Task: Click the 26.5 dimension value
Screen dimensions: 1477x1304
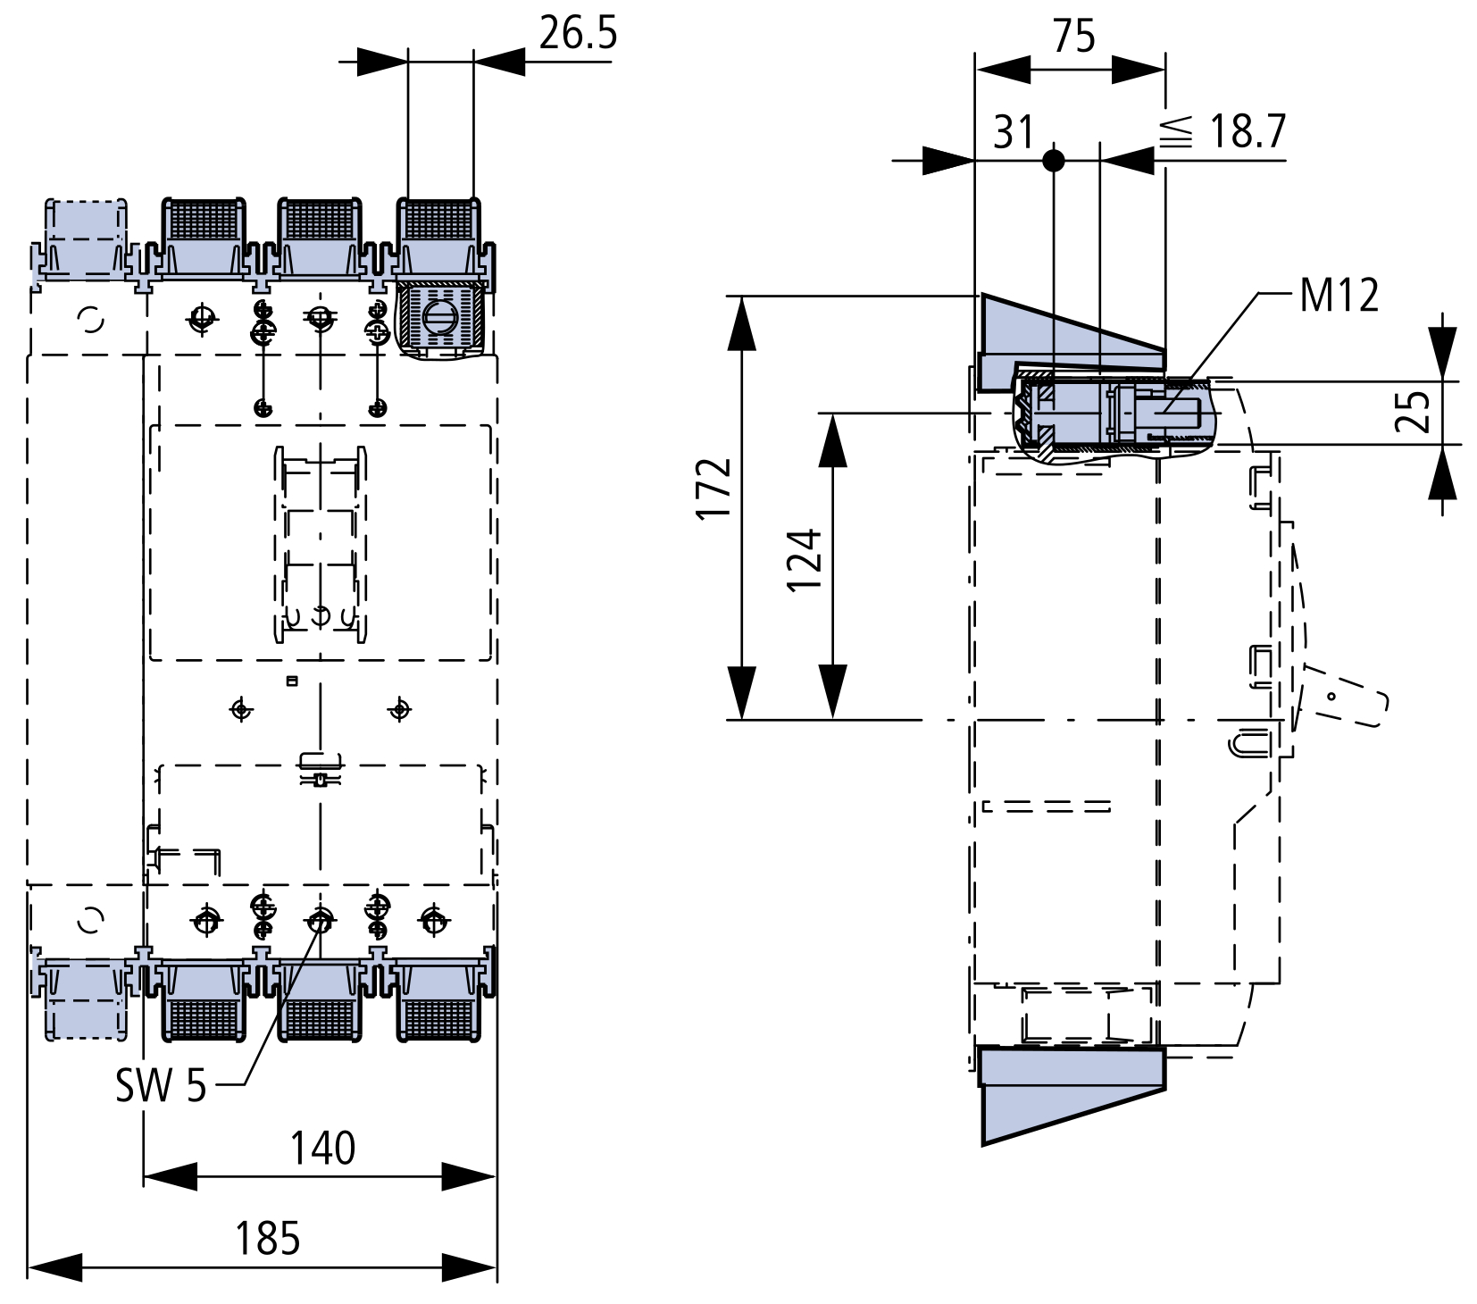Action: pyautogui.click(x=578, y=34)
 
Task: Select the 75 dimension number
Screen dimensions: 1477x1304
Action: pyautogui.click(x=1073, y=37)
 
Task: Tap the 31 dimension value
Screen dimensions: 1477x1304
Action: pyautogui.click(x=1014, y=133)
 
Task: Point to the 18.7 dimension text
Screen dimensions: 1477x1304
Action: pyautogui.click(x=1248, y=132)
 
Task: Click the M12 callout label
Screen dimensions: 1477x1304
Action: pyautogui.click(x=1339, y=295)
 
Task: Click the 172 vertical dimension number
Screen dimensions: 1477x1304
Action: pyautogui.click(x=715, y=488)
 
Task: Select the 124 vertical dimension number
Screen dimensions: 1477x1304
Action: pyautogui.click(x=805, y=560)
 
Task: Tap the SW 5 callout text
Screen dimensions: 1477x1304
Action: pyautogui.click(x=161, y=1086)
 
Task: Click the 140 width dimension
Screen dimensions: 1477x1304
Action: pyautogui.click(x=322, y=1149)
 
